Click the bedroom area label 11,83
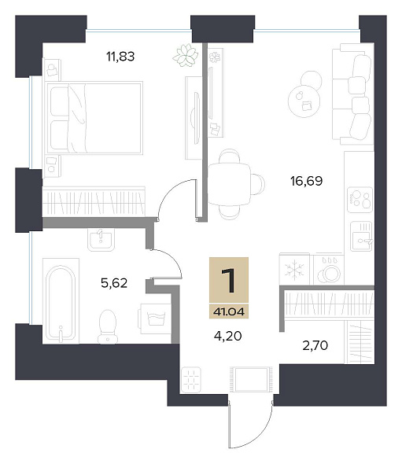tap(120, 56)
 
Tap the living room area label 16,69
tap(306, 181)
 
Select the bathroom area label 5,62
tap(114, 283)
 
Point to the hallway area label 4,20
tap(227, 336)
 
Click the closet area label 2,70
tap(315, 345)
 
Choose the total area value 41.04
tap(229, 311)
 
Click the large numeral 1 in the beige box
tap(228, 280)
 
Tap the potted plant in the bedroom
tap(186, 55)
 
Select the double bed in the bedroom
tap(94, 118)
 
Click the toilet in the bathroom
tap(107, 326)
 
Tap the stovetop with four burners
tap(360, 200)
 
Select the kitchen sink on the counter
tap(361, 237)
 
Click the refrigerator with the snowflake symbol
tap(294, 270)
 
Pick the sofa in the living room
tap(353, 94)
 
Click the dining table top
tap(230, 184)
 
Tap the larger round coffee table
tap(304, 101)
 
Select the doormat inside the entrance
tap(251, 379)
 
